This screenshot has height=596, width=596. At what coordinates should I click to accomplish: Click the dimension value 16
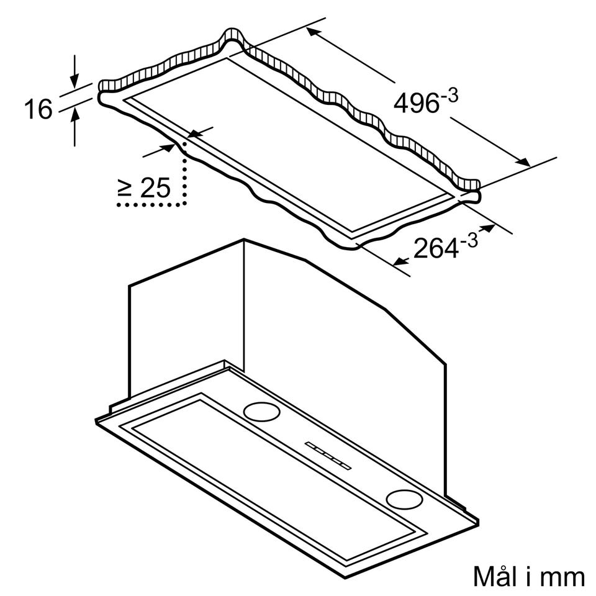[38, 109]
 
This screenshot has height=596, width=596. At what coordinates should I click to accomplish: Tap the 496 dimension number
[416, 102]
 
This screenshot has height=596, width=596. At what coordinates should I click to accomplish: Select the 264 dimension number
[436, 248]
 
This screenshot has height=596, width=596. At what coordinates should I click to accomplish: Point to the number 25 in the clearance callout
[155, 187]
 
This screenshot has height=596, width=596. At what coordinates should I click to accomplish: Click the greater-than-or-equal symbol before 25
[125, 188]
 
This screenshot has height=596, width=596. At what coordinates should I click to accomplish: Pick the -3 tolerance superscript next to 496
[449, 95]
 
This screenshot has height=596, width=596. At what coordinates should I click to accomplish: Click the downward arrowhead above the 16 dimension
[75, 81]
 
